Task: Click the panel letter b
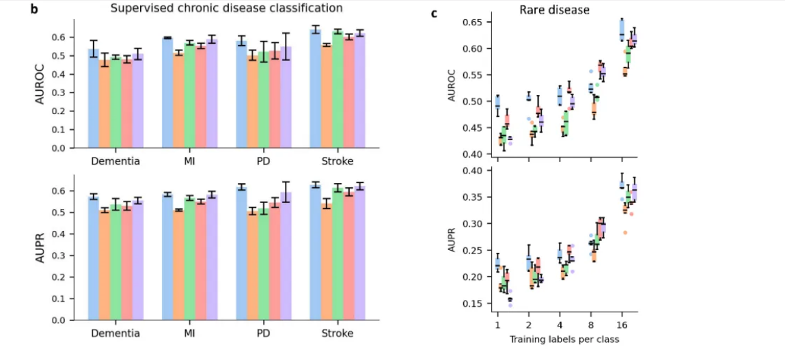[34, 9]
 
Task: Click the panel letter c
[433, 13]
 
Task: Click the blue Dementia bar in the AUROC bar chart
[94, 98]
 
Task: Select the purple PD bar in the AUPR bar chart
[286, 256]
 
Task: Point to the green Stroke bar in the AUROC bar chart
[338, 89]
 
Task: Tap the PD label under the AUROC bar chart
[264, 161]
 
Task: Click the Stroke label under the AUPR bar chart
[337, 333]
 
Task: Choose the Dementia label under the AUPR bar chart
[115, 333]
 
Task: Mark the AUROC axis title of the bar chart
[42, 83]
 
